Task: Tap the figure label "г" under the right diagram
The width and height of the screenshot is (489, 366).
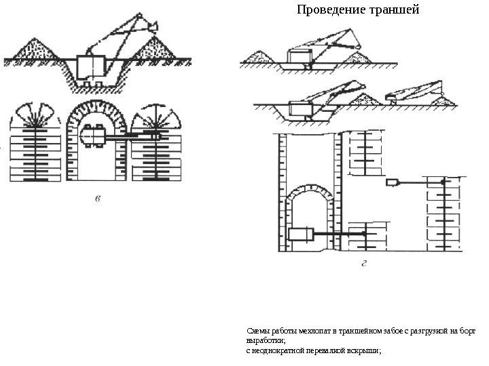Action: coord(364,264)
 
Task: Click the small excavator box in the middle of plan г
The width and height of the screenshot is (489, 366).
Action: coord(393,182)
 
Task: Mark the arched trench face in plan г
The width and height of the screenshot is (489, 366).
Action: coord(310,197)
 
